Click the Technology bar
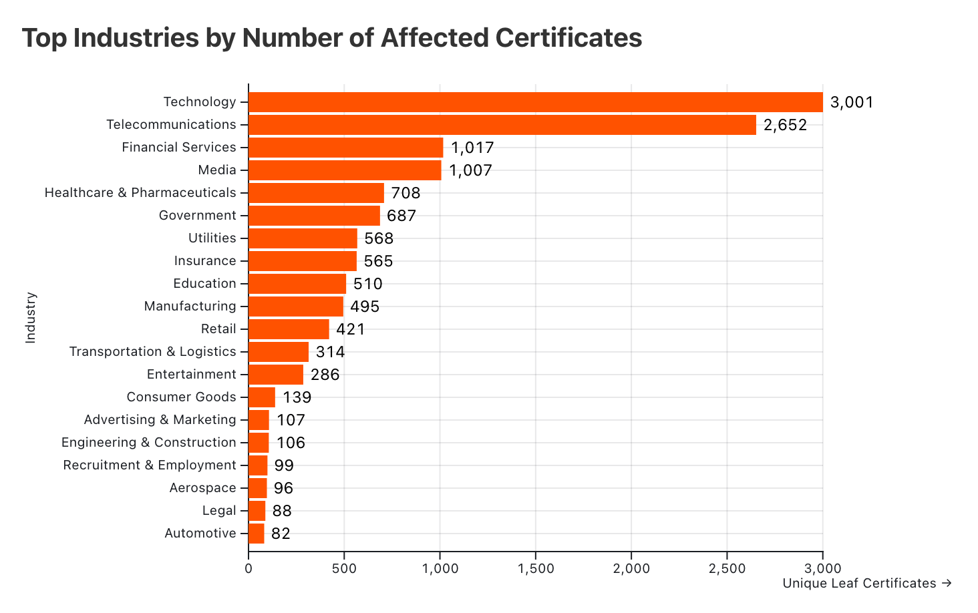click(535, 102)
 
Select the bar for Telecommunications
click(502, 125)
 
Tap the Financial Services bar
click(345, 148)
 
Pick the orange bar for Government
click(314, 216)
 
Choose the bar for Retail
click(289, 329)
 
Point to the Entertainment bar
click(276, 375)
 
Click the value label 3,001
click(852, 102)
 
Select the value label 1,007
click(470, 170)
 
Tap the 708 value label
click(405, 193)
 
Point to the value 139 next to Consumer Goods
click(297, 397)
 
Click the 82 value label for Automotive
click(281, 534)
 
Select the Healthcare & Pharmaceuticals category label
click(140, 193)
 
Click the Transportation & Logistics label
click(152, 352)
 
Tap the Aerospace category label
click(202, 488)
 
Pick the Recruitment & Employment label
click(150, 465)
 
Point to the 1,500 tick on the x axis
click(536, 569)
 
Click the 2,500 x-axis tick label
click(727, 569)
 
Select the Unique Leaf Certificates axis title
click(866, 584)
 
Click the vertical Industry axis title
click(30, 318)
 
